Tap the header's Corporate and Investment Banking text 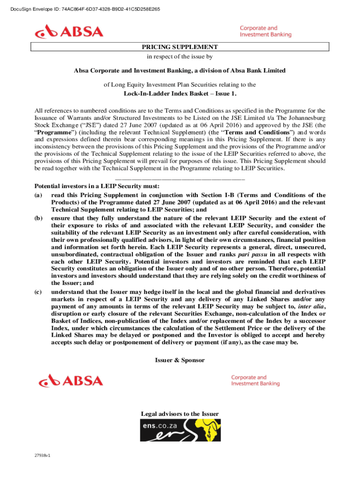click(x=265, y=31)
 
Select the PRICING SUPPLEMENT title click(x=180, y=47)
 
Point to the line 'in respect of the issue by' click(x=180, y=57)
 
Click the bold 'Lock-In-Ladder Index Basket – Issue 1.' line click(x=180, y=94)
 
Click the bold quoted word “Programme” click(x=55, y=132)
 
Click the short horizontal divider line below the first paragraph click(x=180, y=179)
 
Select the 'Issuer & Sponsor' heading click(x=180, y=360)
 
